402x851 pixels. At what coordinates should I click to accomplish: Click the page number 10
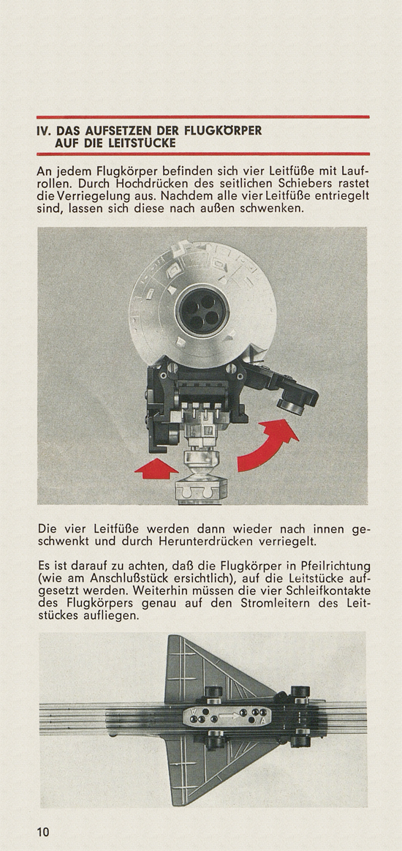pyautogui.click(x=43, y=831)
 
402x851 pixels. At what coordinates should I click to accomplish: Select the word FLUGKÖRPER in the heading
pyautogui.click(x=224, y=131)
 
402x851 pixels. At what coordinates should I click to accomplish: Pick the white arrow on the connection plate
pyautogui.click(x=227, y=716)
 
